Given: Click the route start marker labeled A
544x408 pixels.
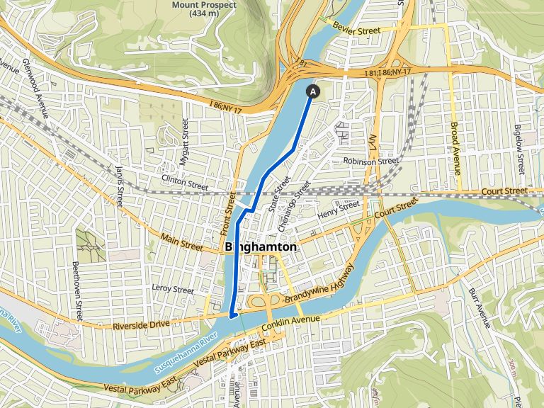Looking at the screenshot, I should coord(312,91).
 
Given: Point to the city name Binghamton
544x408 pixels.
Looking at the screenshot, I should coord(261,247).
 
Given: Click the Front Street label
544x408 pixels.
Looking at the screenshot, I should coord(229,213).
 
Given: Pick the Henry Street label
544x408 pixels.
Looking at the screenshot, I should coord(339,209).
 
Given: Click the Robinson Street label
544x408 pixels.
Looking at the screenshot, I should coord(371,161).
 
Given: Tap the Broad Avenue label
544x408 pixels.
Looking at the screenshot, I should coord(455,149).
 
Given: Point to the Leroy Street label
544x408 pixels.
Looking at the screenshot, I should coord(173,289).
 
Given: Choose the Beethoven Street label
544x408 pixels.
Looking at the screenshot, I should coord(76,283).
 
